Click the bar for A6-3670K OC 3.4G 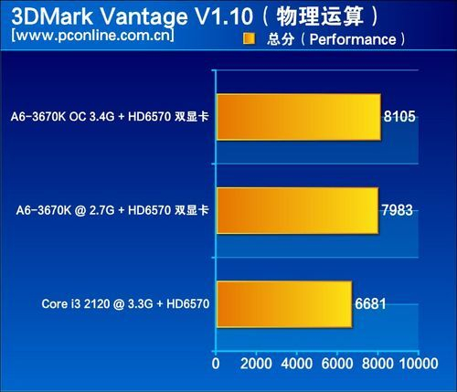(x=299, y=117)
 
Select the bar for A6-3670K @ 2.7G (x=298, y=211)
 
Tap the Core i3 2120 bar (x=284, y=304)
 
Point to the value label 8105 (x=399, y=116)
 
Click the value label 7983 (x=397, y=210)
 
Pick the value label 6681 (x=370, y=303)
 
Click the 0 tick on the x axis (x=216, y=364)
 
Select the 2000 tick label (x=256, y=364)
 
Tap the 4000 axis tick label (x=296, y=364)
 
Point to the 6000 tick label (x=337, y=364)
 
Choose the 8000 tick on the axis (x=377, y=364)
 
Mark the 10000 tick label (x=419, y=364)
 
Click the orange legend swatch (x=249, y=39)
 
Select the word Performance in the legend (x=353, y=39)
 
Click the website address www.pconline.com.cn (x=92, y=35)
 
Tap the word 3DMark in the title (x=52, y=16)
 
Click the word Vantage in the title (x=143, y=17)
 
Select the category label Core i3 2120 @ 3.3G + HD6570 (x=125, y=303)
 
